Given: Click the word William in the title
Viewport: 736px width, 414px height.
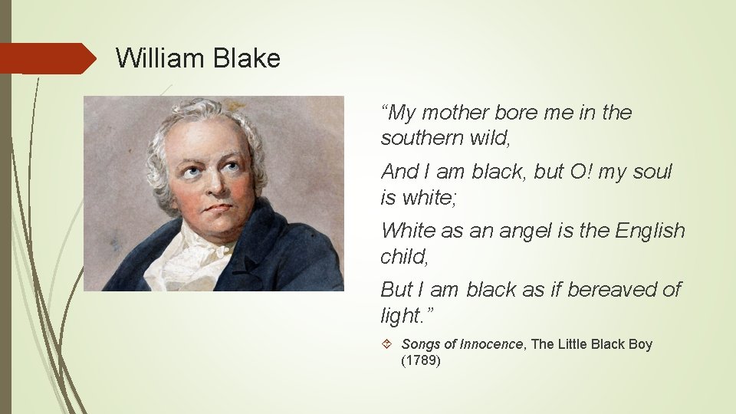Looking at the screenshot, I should point(159,58).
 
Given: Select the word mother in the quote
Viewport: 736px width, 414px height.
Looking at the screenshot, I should point(452,113).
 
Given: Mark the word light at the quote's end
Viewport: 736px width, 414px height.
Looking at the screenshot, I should point(398,315).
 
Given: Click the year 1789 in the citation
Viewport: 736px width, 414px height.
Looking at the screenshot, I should point(421,360).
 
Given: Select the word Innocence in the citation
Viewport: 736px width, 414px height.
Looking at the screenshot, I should point(491,344).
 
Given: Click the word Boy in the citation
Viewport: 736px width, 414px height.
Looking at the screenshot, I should point(639,344).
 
